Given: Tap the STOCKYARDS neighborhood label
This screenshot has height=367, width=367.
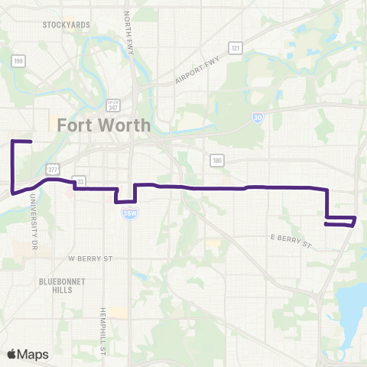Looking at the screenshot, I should tap(66, 25).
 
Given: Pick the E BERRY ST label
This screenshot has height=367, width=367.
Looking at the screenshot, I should tap(292, 242).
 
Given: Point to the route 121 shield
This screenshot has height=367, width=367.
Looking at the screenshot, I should tap(236, 48).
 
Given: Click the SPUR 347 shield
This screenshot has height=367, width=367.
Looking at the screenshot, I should tap(114, 105).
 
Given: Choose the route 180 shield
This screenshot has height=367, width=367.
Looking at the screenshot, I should tap(217, 159).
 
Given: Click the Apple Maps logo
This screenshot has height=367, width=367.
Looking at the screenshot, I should tap(28, 354).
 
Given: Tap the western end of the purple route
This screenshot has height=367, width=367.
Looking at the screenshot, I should tap(30, 142).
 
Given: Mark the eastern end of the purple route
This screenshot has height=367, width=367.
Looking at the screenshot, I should tap(326, 224).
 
